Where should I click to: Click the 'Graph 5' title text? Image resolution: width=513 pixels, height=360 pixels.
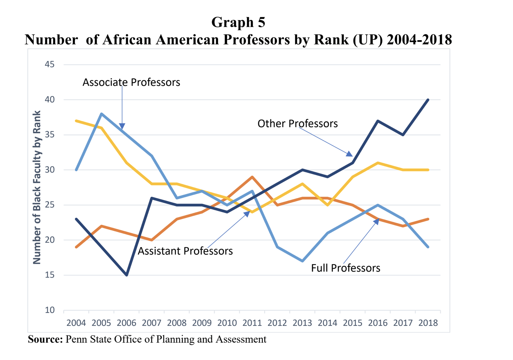[x=238, y=22]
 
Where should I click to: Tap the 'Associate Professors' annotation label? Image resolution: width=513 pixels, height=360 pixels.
[x=131, y=82]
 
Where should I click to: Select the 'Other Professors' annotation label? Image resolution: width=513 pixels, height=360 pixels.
[x=297, y=124]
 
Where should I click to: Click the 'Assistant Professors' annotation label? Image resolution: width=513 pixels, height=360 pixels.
[x=185, y=251]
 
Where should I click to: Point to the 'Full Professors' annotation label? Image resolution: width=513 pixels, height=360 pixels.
[x=345, y=268]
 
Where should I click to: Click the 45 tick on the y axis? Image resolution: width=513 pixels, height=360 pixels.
[x=50, y=65]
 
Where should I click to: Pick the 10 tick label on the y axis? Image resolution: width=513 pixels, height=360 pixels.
[x=50, y=310]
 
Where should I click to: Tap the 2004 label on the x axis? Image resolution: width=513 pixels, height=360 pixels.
[x=76, y=323]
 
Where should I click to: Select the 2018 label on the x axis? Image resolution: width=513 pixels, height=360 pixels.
[x=428, y=323]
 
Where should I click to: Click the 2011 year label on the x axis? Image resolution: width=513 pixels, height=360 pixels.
[x=252, y=323]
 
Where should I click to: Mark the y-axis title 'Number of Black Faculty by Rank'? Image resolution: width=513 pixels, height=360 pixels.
[x=37, y=188]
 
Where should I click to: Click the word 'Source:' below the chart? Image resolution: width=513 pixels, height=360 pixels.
[x=45, y=339]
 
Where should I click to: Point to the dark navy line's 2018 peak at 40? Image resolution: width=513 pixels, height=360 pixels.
[x=428, y=100]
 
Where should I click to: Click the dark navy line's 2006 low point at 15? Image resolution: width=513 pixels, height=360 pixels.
[x=127, y=275]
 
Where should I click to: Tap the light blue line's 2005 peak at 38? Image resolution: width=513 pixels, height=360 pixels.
[x=102, y=114]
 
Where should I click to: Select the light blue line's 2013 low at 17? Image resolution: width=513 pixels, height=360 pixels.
[x=302, y=261]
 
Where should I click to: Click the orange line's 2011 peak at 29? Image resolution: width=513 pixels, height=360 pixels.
[x=252, y=177]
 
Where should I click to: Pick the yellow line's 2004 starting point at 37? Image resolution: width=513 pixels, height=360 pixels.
[x=76, y=121]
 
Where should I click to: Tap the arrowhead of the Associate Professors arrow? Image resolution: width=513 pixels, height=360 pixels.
[x=122, y=127]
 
